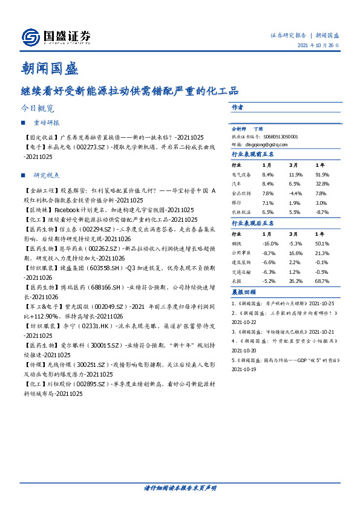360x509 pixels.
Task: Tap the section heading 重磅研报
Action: [47, 123]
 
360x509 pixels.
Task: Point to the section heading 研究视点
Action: [47, 175]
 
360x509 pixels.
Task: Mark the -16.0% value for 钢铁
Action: [269, 243]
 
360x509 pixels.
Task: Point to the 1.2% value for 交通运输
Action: [295, 272]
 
